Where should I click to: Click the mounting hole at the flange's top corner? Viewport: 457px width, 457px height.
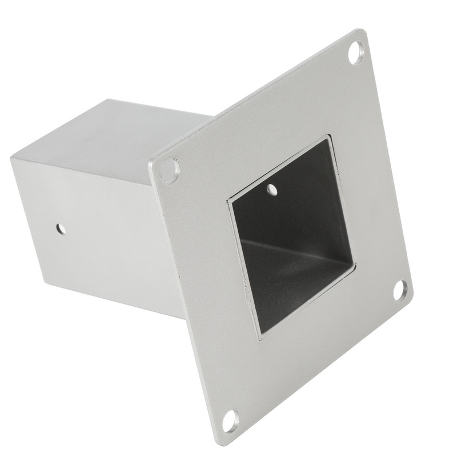[x=355, y=51]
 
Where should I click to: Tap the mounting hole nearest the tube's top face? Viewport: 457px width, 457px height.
[x=170, y=170]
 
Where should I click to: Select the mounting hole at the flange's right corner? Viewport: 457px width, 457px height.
[x=400, y=290]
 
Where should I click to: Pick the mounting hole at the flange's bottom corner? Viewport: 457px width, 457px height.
[x=230, y=421]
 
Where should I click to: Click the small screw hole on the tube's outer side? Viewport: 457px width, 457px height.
[x=61, y=230]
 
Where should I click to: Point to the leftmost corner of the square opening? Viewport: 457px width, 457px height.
[x=228, y=199]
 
